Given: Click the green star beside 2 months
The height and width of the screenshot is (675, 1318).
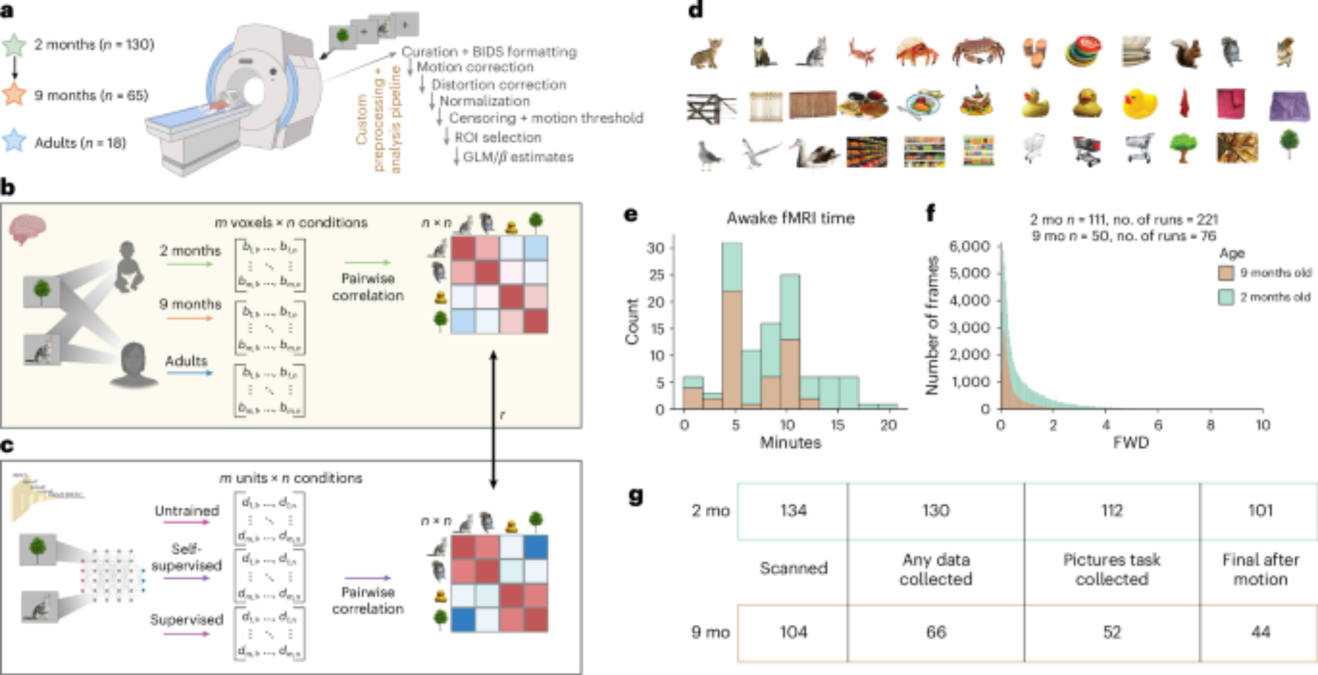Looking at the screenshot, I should tap(14, 45).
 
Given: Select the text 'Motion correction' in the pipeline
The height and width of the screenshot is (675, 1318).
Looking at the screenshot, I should tap(474, 67).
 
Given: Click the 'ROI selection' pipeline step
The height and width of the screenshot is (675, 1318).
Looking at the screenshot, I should tap(498, 137).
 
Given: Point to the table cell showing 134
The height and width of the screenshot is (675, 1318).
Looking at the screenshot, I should tap(793, 511).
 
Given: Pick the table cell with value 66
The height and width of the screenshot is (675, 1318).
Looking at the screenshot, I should tap(936, 632).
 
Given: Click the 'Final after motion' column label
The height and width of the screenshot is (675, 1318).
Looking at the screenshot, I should tap(1260, 569).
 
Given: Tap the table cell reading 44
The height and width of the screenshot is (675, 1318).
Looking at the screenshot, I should tap(1260, 632).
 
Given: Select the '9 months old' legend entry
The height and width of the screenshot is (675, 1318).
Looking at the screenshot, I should tap(1275, 273).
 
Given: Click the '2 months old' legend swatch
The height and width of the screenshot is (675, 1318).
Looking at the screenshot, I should tap(1226, 297).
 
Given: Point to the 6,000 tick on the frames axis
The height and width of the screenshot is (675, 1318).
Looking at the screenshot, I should tap(969, 247).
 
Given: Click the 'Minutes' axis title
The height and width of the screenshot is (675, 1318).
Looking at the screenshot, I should tap(790, 442).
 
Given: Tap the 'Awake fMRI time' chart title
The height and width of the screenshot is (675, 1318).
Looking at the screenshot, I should tap(790, 218).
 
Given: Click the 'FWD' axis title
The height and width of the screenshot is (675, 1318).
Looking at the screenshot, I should tap(1131, 442).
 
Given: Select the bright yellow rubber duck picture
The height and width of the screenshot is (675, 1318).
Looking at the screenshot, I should tap(1139, 103).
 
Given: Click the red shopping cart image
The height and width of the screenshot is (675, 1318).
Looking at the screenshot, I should tap(1085, 150).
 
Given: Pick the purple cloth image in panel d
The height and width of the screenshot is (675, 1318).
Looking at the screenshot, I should tap(1288, 105).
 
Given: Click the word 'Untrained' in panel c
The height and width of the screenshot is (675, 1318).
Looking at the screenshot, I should tap(186, 511).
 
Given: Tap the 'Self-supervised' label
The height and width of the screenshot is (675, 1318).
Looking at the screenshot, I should tap(186, 558).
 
